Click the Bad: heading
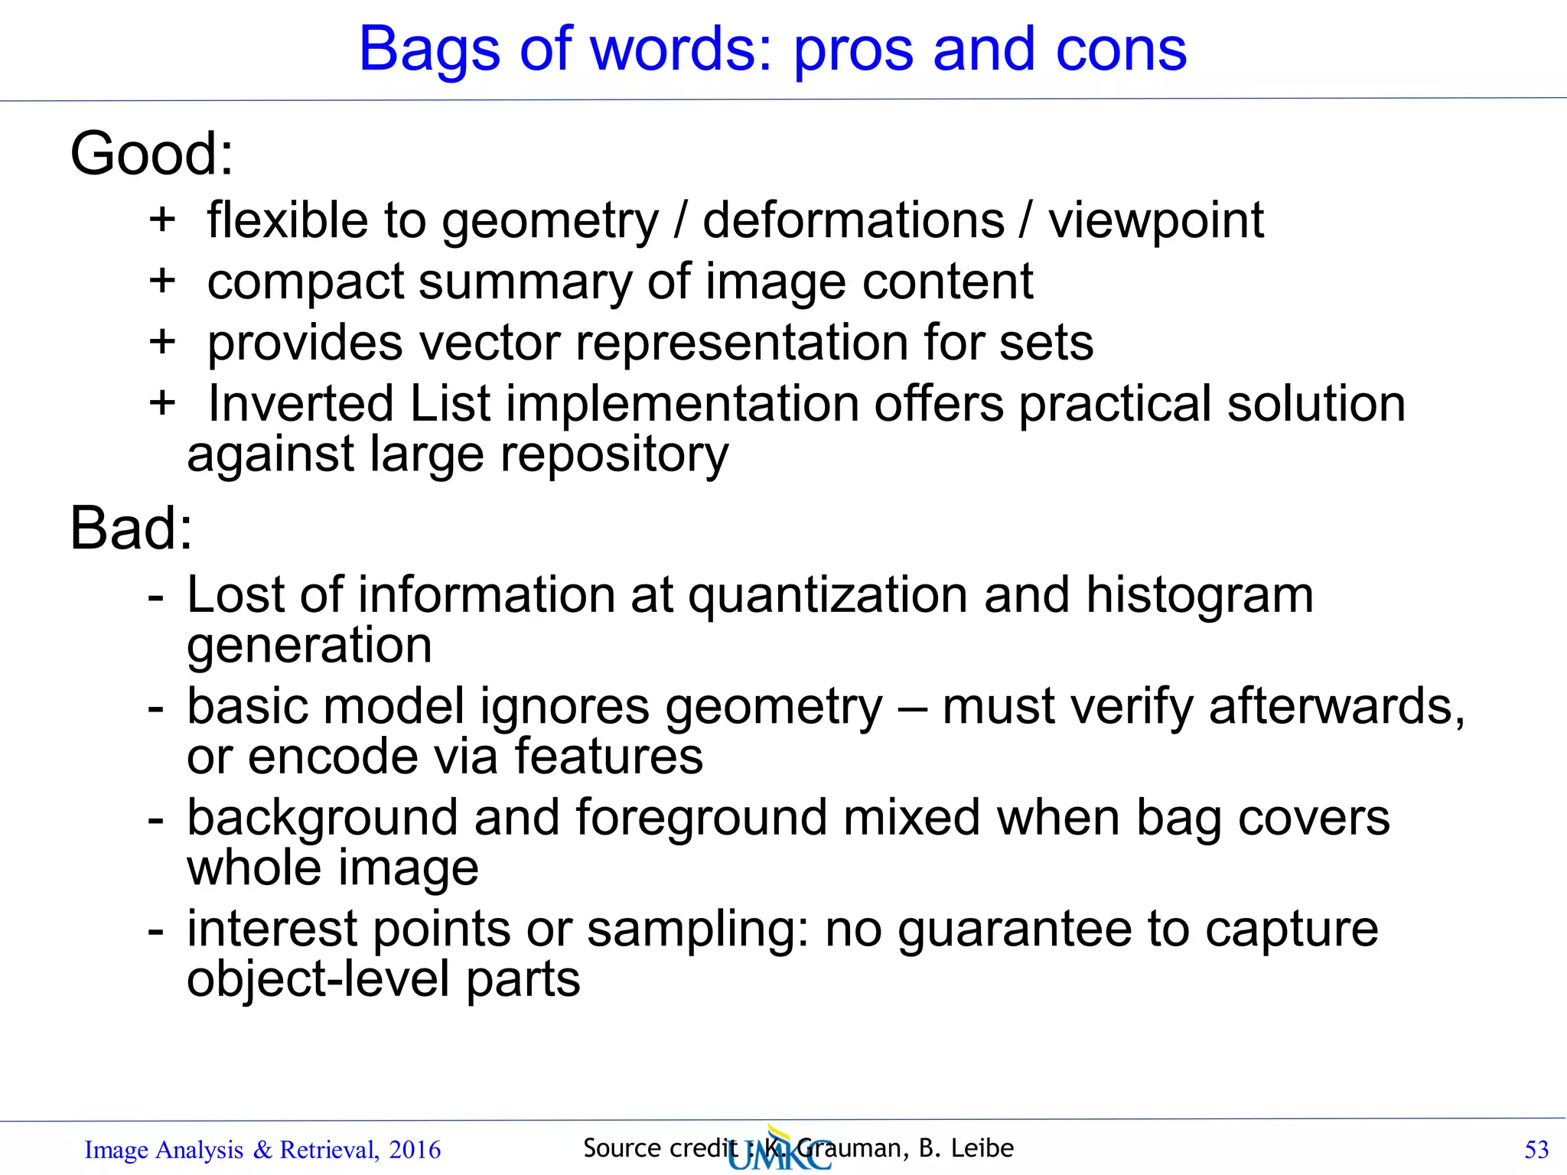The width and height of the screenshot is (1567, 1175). coord(131,529)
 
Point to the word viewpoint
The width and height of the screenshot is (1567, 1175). coord(1155,222)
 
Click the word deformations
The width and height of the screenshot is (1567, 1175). coord(853,220)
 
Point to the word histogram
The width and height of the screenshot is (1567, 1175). coord(1199,594)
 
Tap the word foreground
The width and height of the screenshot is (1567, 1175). coord(701,818)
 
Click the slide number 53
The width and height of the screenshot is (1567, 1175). coord(1536,1150)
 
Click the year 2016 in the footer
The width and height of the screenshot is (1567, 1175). coord(415,1150)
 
